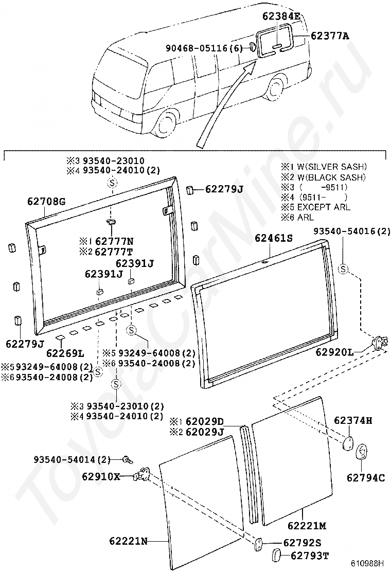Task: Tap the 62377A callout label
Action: click(330, 36)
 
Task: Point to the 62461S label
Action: click(274, 238)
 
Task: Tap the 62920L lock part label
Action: click(334, 352)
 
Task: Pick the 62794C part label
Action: click(365, 477)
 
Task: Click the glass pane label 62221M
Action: click(307, 525)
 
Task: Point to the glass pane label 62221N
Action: click(129, 541)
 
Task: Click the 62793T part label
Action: click(309, 556)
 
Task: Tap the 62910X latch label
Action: click(101, 476)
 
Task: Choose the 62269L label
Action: click(65, 353)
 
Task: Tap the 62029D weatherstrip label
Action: click(203, 421)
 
